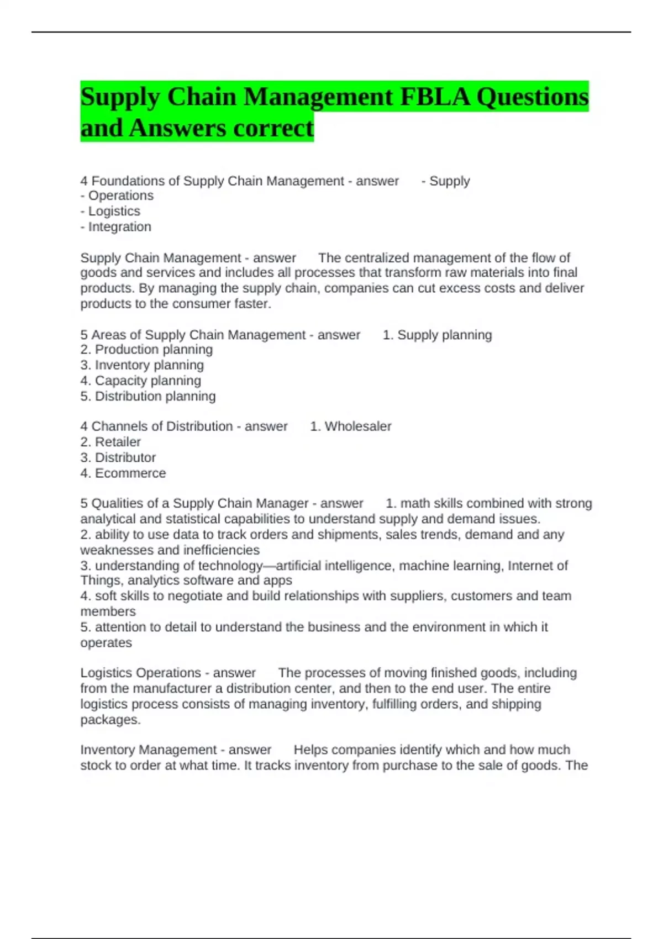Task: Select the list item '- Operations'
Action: (x=117, y=196)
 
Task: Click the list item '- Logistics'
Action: (x=110, y=211)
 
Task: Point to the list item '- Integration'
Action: (x=116, y=226)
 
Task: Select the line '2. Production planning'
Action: (x=146, y=350)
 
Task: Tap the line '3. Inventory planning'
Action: (x=142, y=365)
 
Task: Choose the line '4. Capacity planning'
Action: (x=141, y=381)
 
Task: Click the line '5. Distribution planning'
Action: (x=148, y=396)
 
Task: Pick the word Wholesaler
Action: (x=357, y=426)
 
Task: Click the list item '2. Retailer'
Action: (x=110, y=442)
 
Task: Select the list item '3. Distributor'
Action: (x=118, y=457)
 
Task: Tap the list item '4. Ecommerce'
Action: (x=123, y=473)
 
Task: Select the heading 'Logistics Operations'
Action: (x=140, y=673)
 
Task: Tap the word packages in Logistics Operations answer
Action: (x=110, y=720)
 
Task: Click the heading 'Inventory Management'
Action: (x=148, y=750)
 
